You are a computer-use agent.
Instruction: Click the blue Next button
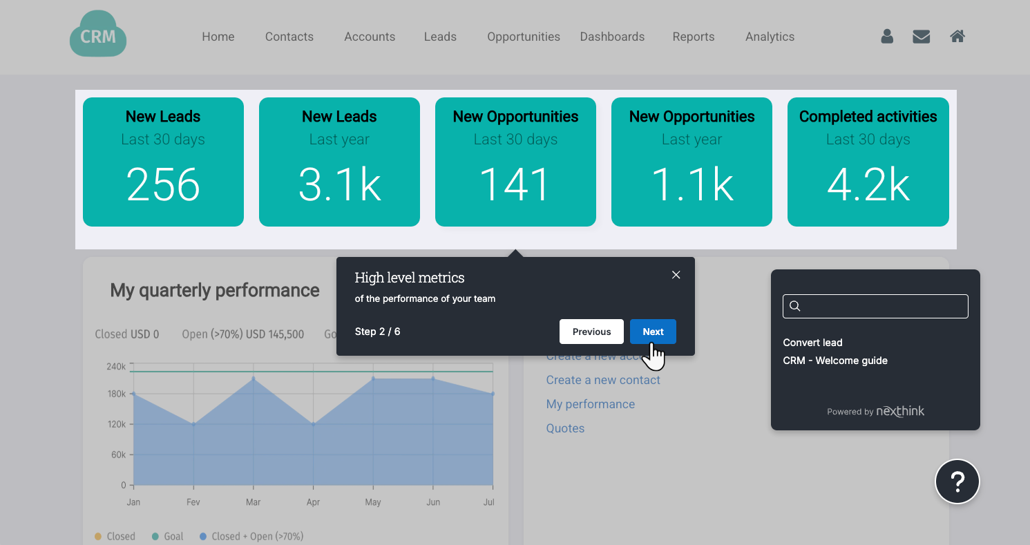(653, 332)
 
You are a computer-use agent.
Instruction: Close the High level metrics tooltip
(676, 275)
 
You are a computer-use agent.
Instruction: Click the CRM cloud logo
(98, 35)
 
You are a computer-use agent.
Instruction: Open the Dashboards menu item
(612, 37)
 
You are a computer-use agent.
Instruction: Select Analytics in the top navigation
(770, 37)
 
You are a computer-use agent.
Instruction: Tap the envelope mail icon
(921, 37)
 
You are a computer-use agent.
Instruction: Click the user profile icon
(887, 37)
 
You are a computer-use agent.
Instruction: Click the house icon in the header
(957, 37)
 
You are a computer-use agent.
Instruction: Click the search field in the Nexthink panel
(875, 306)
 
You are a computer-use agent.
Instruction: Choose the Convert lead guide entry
(812, 343)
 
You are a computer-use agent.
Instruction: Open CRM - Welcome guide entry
(835, 361)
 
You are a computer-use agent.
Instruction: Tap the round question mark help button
(957, 481)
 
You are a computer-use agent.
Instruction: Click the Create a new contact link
(603, 380)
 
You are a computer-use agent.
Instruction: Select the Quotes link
(565, 428)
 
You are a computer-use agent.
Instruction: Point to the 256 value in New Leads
(163, 185)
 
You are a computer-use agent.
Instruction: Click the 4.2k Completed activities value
(868, 185)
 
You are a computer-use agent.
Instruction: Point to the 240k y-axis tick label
(116, 366)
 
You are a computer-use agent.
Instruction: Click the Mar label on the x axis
(253, 502)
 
